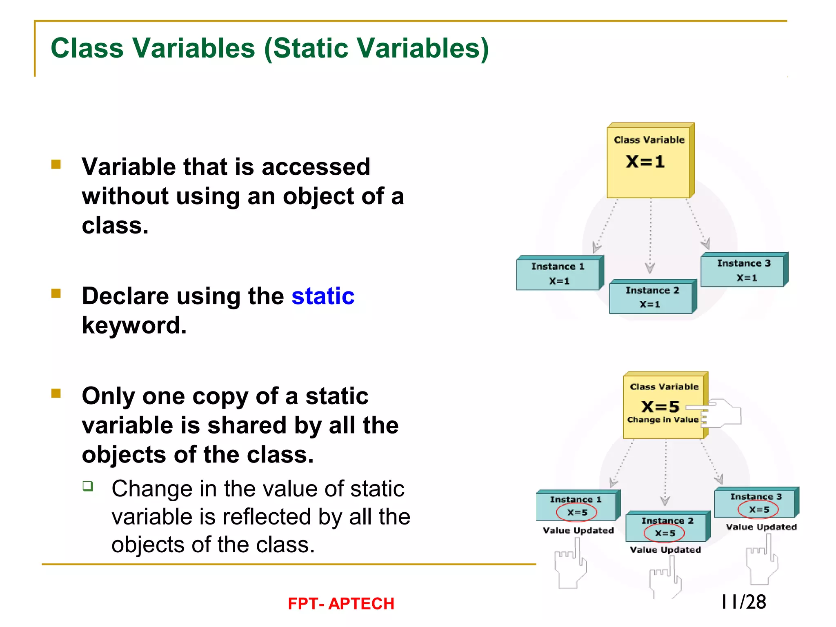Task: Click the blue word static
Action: click(323, 296)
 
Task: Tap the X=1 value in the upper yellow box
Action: click(645, 162)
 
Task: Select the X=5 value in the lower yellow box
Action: click(660, 406)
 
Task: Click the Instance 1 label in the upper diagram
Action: click(558, 267)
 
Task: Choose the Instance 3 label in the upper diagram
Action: click(744, 263)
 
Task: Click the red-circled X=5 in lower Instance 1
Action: click(577, 513)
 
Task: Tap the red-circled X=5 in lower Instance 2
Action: click(665, 533)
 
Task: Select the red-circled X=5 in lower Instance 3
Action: click(758, 509)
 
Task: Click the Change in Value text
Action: click(663, 420)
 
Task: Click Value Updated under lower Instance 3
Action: click(761, 527)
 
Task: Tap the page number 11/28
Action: click(743, 602)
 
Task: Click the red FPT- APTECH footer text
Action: click(341, 603)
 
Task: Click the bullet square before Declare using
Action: click(56, 293)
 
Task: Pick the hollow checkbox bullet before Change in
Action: click(88, 486)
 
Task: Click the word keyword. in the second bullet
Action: click(134, 325)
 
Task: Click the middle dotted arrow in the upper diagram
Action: click(650, 237)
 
